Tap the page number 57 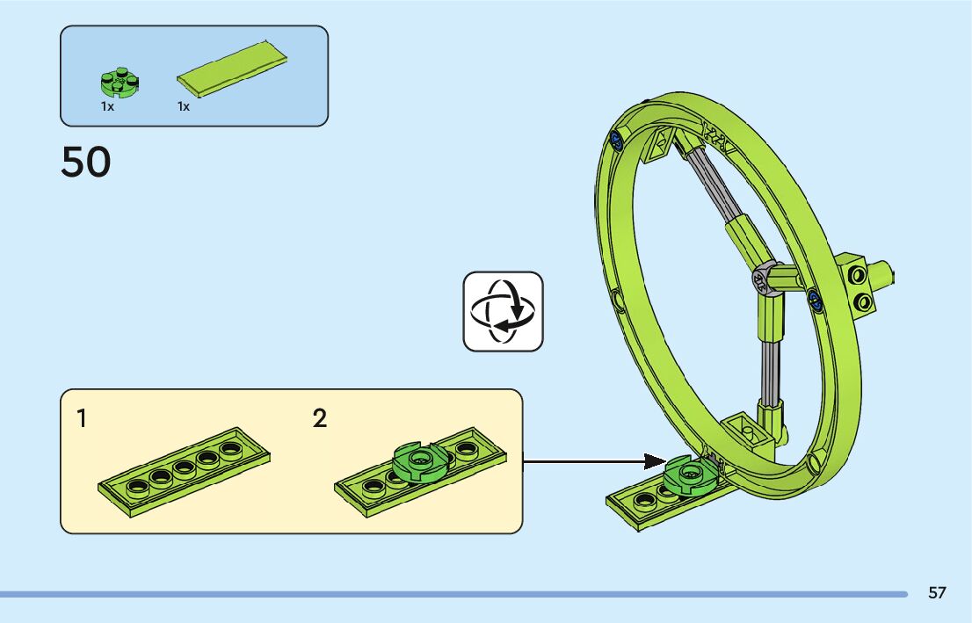[x=937, y=593]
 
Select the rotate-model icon [x=504, y=312]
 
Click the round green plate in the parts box [x=119, y=83]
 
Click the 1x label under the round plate [x=107, y=106]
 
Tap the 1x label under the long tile [x=184, y=106]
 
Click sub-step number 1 [x=82, y=418]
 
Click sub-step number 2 [x=320, y=418]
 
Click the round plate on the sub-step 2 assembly [x=419, y=460]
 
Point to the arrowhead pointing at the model [x=654, y=460]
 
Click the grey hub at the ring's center [x=761, y=279]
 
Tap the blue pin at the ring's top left [x=616, y=138]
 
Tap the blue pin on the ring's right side [x=815, y=302]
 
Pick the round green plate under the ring [x=689, y=475]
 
